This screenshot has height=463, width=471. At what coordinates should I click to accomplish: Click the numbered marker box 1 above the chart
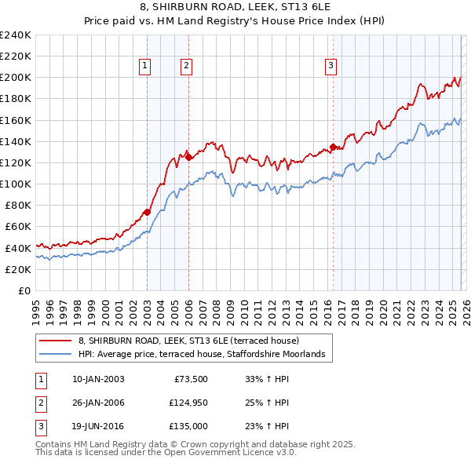pos(146,66)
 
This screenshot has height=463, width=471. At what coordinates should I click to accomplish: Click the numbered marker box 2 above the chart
pos(186,66)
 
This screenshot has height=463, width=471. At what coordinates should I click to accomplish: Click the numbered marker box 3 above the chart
pos(330,66)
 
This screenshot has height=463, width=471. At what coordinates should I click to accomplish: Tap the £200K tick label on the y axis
pos(16,78)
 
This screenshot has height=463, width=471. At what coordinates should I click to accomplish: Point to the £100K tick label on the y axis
pos(16,184)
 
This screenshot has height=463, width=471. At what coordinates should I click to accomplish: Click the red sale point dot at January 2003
pos(147,212)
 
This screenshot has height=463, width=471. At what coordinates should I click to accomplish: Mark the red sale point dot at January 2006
pos(188,157)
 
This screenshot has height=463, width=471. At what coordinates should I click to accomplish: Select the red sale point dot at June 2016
pos(333,147)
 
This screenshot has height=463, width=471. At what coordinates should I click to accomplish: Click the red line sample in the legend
pos(55,341)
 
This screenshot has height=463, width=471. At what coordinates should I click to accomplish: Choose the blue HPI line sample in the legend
pos(55,355)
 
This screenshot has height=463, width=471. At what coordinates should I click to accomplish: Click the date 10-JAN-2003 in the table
pos(97,379)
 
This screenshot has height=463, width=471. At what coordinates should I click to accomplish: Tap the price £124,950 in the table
pos(185,403)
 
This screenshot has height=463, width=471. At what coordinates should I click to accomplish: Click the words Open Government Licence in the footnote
pos(225,453)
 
